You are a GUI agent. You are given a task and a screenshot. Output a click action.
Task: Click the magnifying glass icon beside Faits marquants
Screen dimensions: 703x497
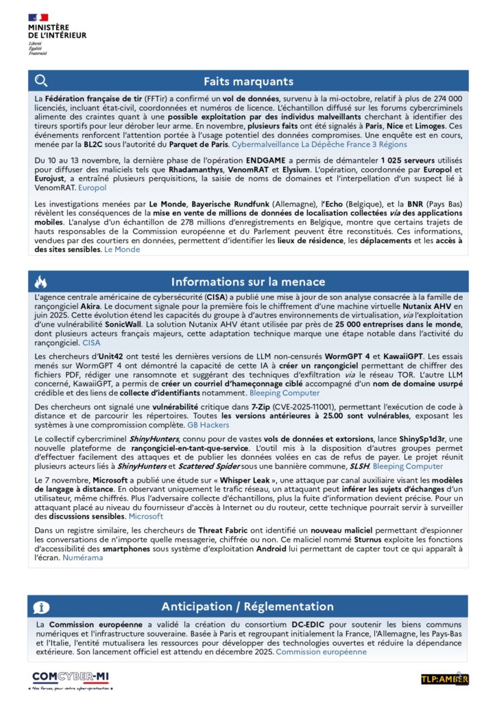pos(41,81)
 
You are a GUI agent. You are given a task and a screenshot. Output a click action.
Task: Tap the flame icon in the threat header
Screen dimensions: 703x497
pos(41,281)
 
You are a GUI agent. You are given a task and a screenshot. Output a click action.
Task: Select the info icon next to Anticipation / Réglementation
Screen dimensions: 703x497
pos(41,607)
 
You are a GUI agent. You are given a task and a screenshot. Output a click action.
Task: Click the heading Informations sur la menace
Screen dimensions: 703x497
pos(248,281)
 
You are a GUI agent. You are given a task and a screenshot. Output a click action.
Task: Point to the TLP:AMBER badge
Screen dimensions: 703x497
pos(445,679)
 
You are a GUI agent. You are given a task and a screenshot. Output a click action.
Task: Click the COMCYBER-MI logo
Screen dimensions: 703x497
pos(71,676)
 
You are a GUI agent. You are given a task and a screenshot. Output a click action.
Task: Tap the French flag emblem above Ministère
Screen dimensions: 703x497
pos(38,17)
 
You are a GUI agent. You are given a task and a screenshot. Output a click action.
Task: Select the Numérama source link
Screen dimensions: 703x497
pos(83,558)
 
